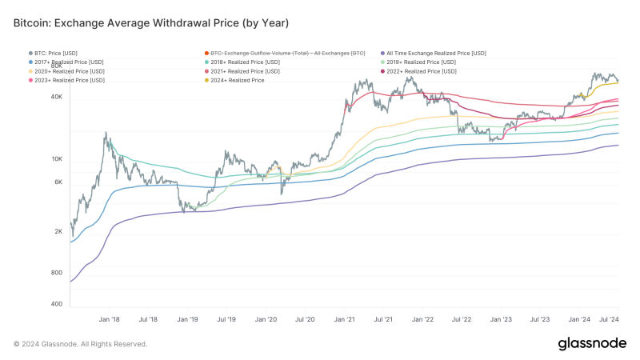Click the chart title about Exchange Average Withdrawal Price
pyautogui.click(x=151, y=22)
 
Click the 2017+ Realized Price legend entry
pyautogui.click(x=68, y=62)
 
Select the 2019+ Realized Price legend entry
pyautogui.click(x=423, y=62)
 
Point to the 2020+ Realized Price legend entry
pyautogui.click(x=68, y=71)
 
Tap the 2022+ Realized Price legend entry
pyautogui.click(x=423, y=71)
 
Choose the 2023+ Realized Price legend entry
pyautogui.click(x=68, y=80)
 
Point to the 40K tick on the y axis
pyautogui.click(x=57, y=97)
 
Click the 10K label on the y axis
pyautogui.click(x=57, y=159)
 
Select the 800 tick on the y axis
pyautogui.click(x=56, y=273)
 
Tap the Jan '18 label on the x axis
pyautogui.click(x=110, y=318)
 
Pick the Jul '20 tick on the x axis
pyautogui.click(x=305, y=318)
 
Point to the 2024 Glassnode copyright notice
pyautogui.click(x=80, y=343)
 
